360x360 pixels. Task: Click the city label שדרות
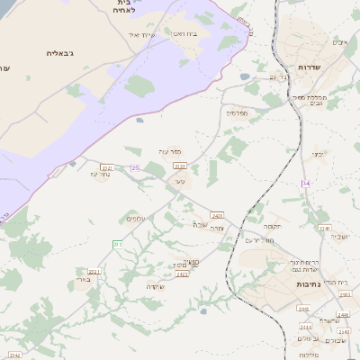coord(315,67)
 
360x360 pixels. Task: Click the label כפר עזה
coord(171,151)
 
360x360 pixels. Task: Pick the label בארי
coord(81,281)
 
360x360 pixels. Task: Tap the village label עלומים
coord(136,219)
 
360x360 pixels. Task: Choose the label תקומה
coord(273,226)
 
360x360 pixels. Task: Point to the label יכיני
coord(318,154)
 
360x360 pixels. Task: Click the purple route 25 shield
coord(135,168)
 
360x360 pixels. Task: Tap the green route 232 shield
coord(117,244)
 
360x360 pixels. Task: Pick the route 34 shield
coord(306,183)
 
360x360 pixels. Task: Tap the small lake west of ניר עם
coord(245,77)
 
